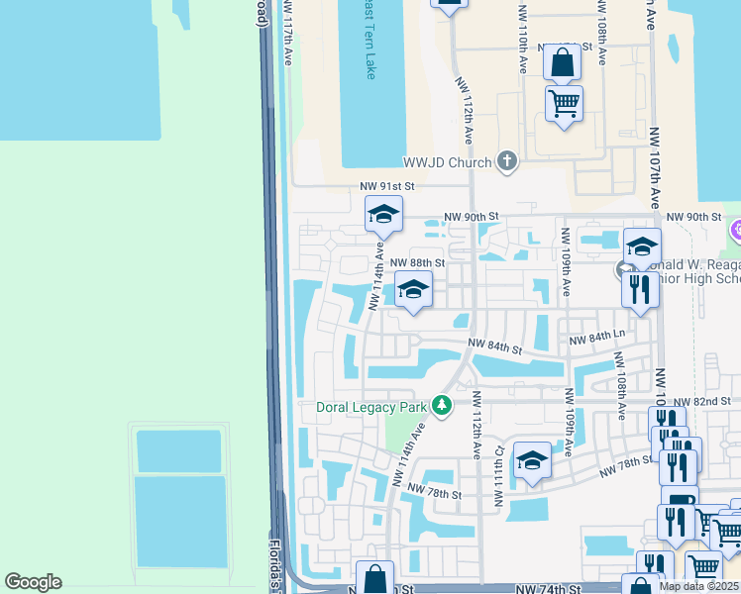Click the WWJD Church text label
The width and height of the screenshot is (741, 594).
click(446, 162)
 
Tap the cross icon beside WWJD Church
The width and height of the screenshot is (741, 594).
click(507, 161)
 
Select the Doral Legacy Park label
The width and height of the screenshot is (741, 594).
click(370, 406)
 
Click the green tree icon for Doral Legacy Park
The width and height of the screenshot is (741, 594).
click(442, 405)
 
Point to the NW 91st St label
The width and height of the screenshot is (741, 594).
click(385, 186)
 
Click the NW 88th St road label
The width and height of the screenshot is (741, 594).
click(417, 263)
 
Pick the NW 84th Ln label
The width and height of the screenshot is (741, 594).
click(597, 340)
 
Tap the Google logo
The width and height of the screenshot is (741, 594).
click(33, 582)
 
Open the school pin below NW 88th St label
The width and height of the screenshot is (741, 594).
click(413, 290)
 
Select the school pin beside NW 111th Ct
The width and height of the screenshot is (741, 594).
click(532, 461)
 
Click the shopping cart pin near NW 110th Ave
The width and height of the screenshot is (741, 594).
click(564, 103)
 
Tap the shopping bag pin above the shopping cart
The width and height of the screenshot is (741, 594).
click(562, 63)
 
